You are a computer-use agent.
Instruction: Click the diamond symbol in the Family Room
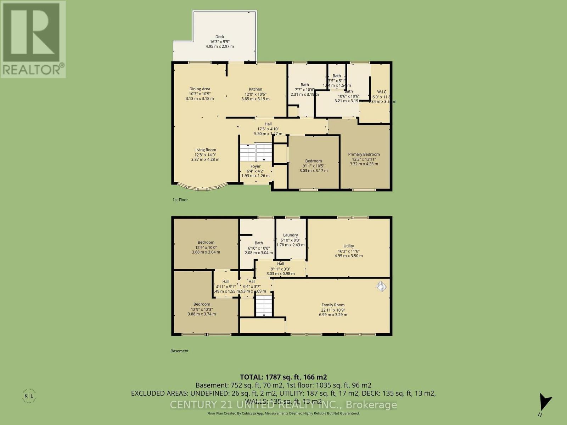pyautogui.click(x=381, y=286)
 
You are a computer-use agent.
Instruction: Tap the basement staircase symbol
pyautogui.click(x=264, y=306)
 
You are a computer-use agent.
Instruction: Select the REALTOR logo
pyautogui.click(x=33, y=39)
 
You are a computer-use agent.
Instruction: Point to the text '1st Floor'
pyautogui.click(x=180, y=200)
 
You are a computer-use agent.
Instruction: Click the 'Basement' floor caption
pyautogui.click(x=179, y=351)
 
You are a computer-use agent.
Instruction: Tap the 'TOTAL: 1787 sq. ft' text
pyautogui.click(x=283, y=377)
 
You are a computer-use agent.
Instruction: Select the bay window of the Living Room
pyautogui.click(x=202, y=187)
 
